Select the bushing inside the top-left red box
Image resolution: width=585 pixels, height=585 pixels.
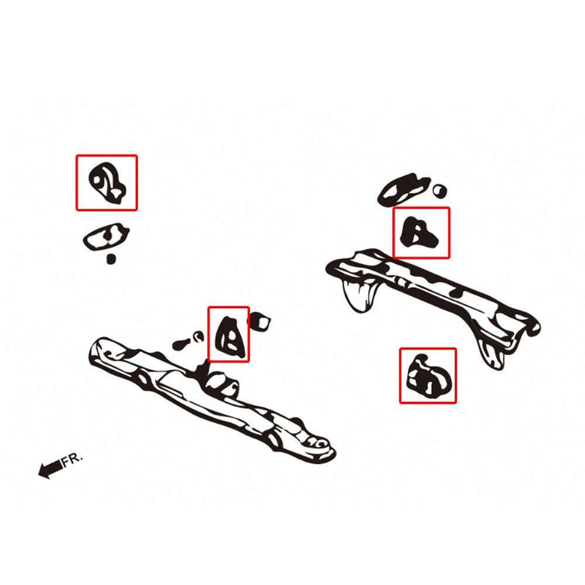click(108, 183)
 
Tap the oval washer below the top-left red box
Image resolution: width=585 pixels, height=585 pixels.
click(106, 237)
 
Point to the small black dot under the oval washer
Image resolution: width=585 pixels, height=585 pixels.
click(111, 259)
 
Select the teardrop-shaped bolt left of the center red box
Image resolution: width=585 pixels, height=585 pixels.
click(181, 344)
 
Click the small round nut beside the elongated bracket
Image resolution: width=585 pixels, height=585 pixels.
click(440, 191)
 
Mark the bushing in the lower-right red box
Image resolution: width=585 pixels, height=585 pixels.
click(429, 376)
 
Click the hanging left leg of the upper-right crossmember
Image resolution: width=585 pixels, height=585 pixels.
click(360, 295)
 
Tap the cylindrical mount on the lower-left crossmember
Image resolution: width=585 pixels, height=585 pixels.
click(222, 385)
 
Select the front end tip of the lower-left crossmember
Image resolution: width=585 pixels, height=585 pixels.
click(98, 349)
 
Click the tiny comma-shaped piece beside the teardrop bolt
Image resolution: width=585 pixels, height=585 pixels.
click(198, 336)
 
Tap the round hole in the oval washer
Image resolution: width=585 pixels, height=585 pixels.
click(108, 235)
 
